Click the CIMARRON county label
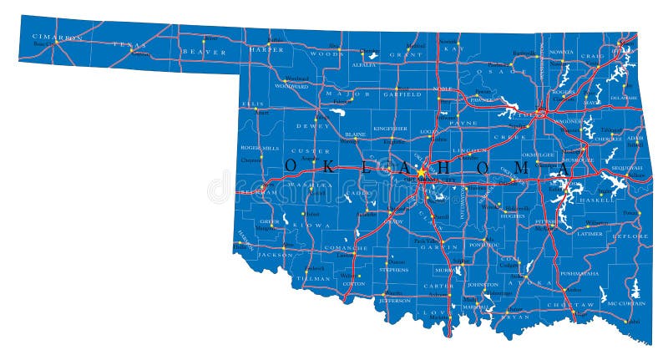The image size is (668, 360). (x=57, y=38)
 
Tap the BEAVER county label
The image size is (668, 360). (x=204, y=52)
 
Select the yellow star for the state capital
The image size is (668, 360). (x=423, y=172)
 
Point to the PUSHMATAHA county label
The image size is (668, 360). (x=579, y=273)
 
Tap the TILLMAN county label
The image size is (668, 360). (x=313, y=277)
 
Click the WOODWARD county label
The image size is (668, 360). (x=291, y=86)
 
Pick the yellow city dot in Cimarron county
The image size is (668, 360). (x=52, y=43)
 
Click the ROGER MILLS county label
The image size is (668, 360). (x=258, y=148)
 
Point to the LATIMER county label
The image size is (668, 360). (x=589, y=234)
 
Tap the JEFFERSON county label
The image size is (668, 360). (x=394, y=300)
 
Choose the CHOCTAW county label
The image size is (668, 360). (x=582, y=306)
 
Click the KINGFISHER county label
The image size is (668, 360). (x=390, y=129)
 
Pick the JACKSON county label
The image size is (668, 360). (x=273, y=254)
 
